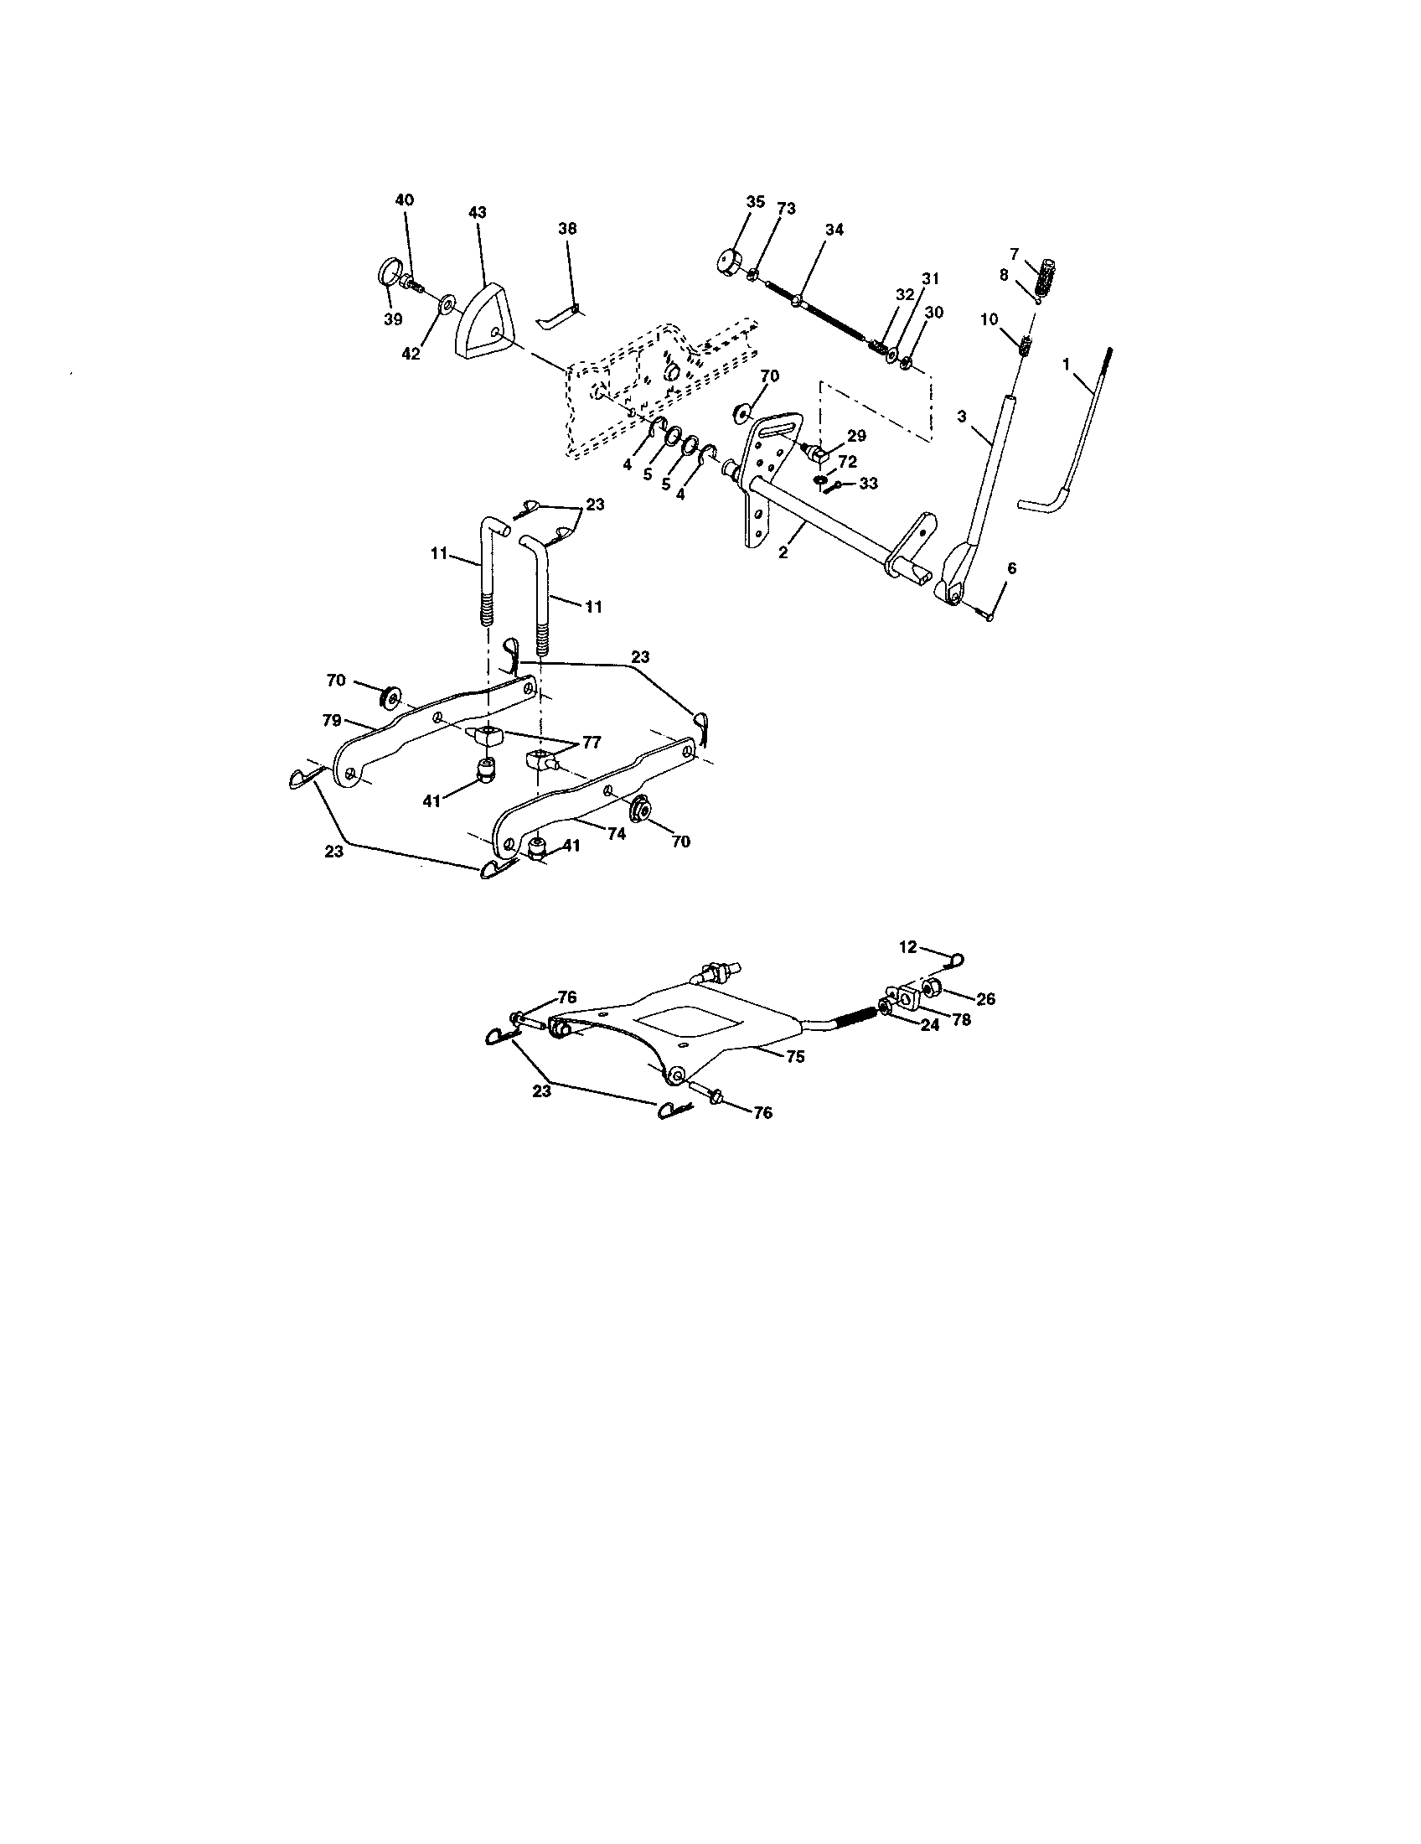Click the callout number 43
click(477, 213)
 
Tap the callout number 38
click(567, 229)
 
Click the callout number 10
click(989, 319)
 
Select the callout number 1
click(1066, 364)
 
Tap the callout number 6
click(1011, 568)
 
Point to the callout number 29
click(856, 437)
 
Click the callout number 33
click(868, 484)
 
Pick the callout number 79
click(332, 720)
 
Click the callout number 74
click(616, 832)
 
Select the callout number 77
click(591, 742)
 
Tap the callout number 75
click(795, 1056)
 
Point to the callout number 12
click(907, 947)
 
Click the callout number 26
click(985, 999)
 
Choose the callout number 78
click(961, 1019)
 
